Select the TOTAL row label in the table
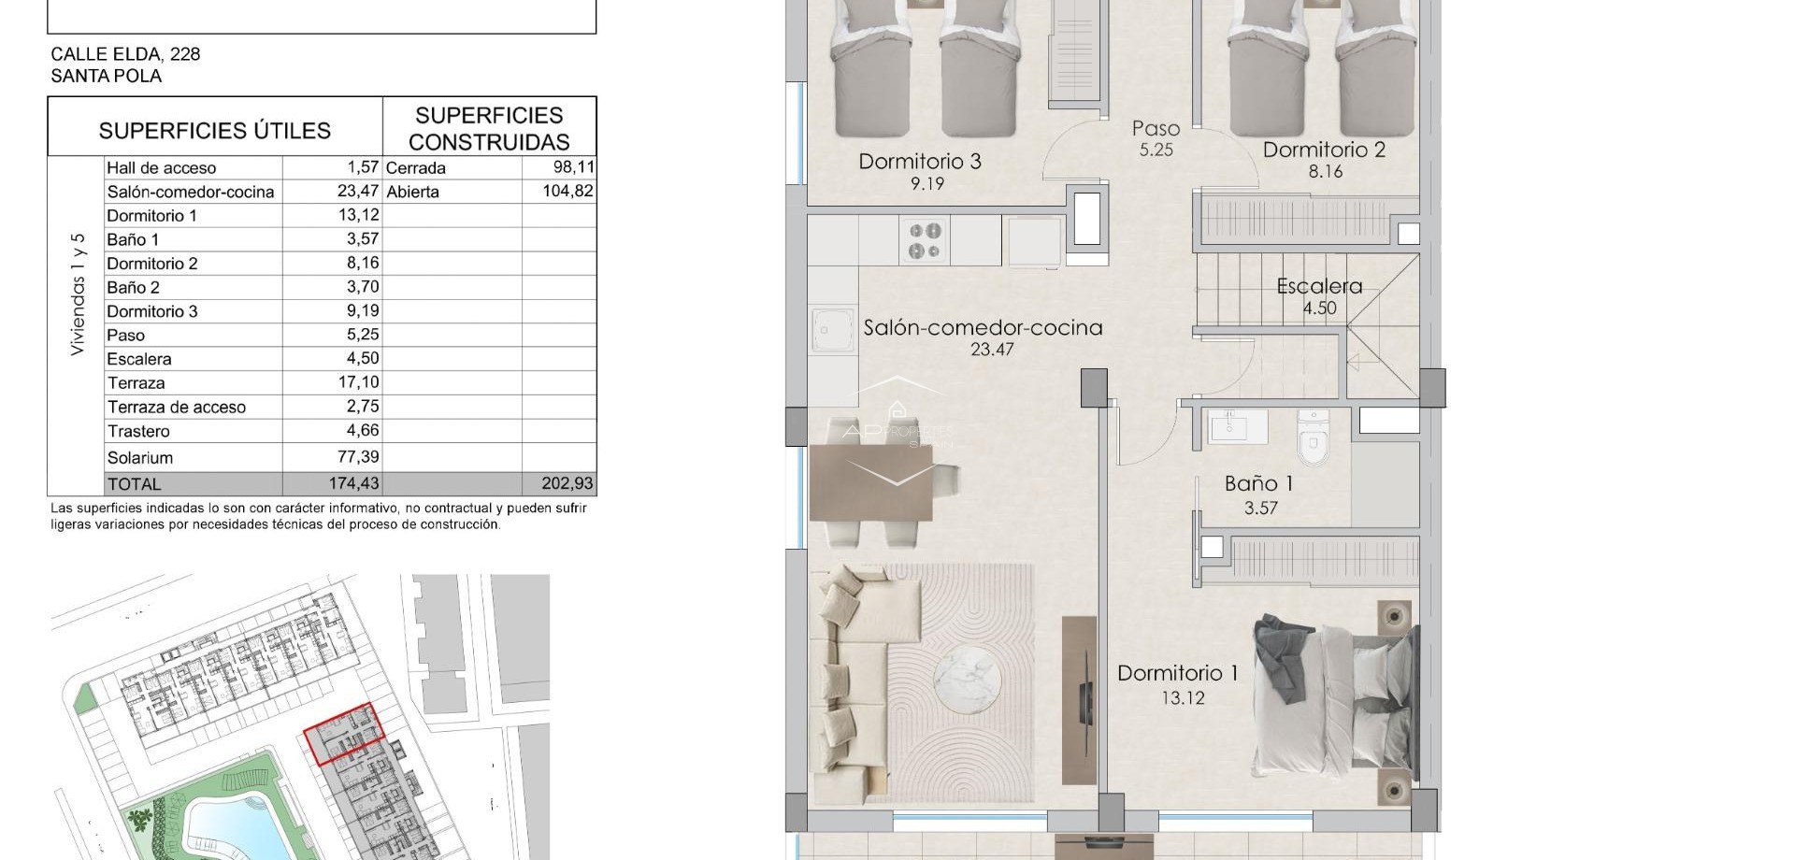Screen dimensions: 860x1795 coord(135,484)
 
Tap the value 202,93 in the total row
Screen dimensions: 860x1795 coord(567,484)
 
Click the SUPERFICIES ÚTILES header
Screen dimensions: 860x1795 coord(215,130)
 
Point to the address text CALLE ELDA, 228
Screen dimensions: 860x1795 coord(125,54)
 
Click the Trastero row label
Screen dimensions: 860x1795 coord(138,431)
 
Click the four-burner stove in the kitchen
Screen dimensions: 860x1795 coord(926,240)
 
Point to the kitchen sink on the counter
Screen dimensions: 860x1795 coord(833,332)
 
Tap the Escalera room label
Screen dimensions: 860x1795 coord(1319,286)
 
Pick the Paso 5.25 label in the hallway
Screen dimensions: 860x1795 coord(1156,137)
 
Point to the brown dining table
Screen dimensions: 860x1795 coord(871,482)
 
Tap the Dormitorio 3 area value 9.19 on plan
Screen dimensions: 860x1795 coord(926,184)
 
